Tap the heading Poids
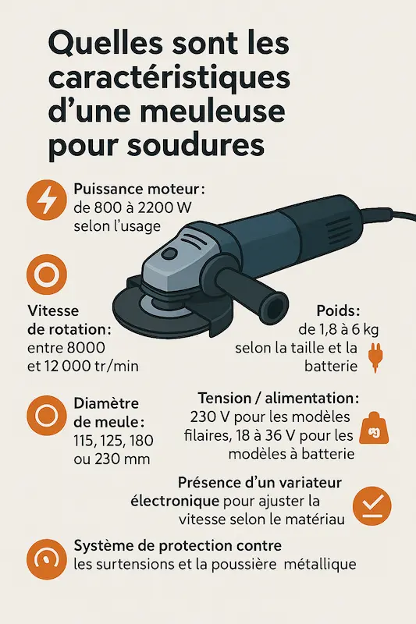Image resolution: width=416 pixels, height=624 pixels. coord(336,310)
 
